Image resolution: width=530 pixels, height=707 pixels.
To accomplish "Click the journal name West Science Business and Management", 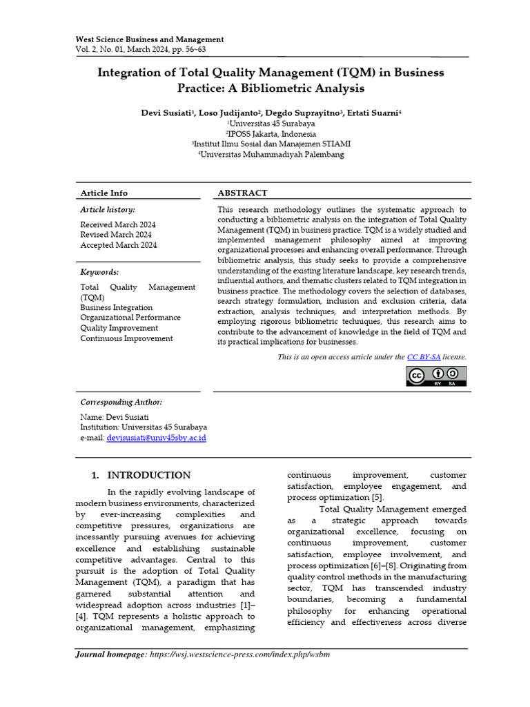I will (149, 39).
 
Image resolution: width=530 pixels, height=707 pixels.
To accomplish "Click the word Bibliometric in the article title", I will (280, 88).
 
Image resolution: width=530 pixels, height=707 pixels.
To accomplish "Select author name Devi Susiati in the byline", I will (168, 113).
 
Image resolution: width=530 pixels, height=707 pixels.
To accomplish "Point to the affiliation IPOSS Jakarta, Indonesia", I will (271, 134).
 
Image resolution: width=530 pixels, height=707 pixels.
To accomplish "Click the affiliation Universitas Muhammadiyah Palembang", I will (271, 155).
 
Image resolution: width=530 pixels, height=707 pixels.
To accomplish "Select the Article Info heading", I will (104, 193).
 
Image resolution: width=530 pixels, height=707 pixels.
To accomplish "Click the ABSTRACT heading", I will (242, 193).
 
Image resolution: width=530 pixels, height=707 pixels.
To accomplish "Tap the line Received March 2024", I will (118, 224).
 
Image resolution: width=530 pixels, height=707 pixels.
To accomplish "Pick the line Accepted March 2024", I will (118, 245).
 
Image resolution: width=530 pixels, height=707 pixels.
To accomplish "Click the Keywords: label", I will (99, 272).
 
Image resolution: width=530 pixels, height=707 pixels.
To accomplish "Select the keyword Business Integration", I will (117, 307).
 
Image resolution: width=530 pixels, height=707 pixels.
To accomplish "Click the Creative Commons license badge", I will (436, 376).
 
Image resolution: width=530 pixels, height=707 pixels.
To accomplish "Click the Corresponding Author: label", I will (121, 402).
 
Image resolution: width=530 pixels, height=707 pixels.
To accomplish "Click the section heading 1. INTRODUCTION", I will (141, 475).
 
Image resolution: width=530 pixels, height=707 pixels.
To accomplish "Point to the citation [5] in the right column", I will (377, 498).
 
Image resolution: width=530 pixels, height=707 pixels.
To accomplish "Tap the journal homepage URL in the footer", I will (240, 655).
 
